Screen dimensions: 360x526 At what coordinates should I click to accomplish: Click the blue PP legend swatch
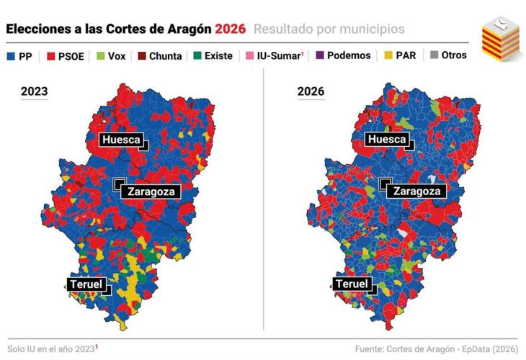point(11,55)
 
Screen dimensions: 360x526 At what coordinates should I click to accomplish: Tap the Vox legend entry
point(116,55)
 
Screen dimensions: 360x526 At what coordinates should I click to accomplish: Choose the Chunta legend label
point(165,55)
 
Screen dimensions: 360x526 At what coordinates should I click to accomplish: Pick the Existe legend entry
point(218,55)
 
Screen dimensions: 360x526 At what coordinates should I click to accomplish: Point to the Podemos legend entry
point(349,55)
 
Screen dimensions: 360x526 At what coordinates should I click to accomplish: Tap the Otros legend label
point(454,55)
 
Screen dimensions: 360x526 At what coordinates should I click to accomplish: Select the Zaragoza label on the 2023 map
point(150,192)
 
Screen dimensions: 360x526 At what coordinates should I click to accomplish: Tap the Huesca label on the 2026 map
point(387,140)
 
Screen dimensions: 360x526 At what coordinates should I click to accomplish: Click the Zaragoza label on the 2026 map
point(416,192)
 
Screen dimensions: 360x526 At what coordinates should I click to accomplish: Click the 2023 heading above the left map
point(35,91)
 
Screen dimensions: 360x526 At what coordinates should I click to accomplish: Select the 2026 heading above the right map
point(311,91)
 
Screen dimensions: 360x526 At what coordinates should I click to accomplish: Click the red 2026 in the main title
point(230,29)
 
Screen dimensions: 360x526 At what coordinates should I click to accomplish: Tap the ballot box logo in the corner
point(502,37)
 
